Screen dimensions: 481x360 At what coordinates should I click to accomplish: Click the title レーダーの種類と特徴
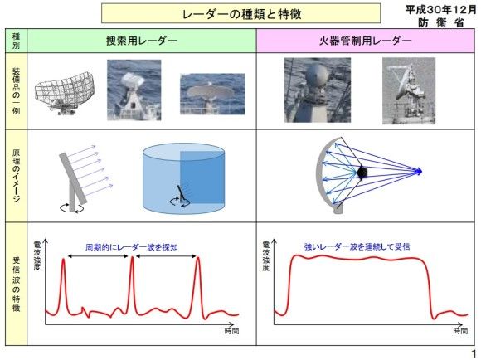point(241,14)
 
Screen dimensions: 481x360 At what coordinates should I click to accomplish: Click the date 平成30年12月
point(441,10)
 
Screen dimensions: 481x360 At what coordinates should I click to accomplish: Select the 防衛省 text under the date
point(441,22)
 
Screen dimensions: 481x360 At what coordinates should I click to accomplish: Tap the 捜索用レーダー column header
point(142,41)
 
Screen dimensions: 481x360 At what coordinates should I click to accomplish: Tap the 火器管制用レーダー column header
point(366,41)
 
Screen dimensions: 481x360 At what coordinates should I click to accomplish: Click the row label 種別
point(16,41)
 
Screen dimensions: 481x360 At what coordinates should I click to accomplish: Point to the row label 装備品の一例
point(16,91)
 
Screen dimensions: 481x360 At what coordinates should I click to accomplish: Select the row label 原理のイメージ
point(16,175)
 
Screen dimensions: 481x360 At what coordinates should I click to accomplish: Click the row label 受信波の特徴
point(16,284)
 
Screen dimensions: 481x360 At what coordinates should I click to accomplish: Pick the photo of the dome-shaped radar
point(318,90)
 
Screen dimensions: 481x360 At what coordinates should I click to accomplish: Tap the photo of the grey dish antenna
point(409,91)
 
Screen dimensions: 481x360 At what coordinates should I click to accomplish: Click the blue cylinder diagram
point(184,179)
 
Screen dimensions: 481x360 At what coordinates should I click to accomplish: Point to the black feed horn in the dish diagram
point(362,173)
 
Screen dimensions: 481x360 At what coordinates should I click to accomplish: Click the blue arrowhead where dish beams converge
point(419,171)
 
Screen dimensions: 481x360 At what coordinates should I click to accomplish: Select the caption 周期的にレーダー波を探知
point(132,247)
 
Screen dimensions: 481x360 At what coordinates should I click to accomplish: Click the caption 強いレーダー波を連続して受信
point(357,246)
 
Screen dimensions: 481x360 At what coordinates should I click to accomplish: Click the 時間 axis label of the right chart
point(460,331)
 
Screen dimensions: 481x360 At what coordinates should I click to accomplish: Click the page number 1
point(474,353)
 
